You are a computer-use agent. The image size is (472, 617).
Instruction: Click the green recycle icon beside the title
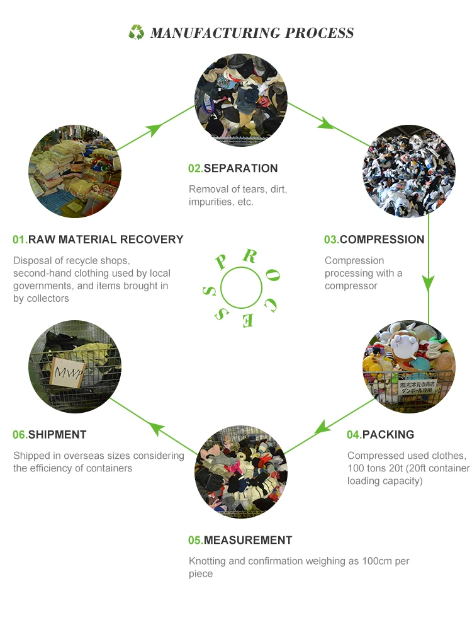pyautogui.click(x=137, y=32)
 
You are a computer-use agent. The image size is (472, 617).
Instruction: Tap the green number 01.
pyautogui.click(x=20, y=239)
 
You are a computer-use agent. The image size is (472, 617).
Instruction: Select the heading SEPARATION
pyautogui.click(x=240, y=168)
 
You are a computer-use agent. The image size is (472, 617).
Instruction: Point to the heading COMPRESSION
pyautogui.click(x=382, y=239)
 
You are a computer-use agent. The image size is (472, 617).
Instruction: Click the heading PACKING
pyautogui.click(x=388, y=434)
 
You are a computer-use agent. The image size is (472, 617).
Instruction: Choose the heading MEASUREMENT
pyautogui.click(x=248, y=540)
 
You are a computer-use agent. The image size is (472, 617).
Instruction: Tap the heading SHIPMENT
pyautogui.click(x=57, y=434)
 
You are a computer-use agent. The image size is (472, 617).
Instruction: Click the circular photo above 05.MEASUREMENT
pyautogui.click(x=241, y=472)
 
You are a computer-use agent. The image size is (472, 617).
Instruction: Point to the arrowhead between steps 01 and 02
pyautogui.click(x=153, y=130)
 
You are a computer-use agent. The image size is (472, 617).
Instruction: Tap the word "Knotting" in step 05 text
pyautogui.click(x=208, y=561)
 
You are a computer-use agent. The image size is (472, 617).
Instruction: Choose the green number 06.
pyautogui.click(x=20, y=434)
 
